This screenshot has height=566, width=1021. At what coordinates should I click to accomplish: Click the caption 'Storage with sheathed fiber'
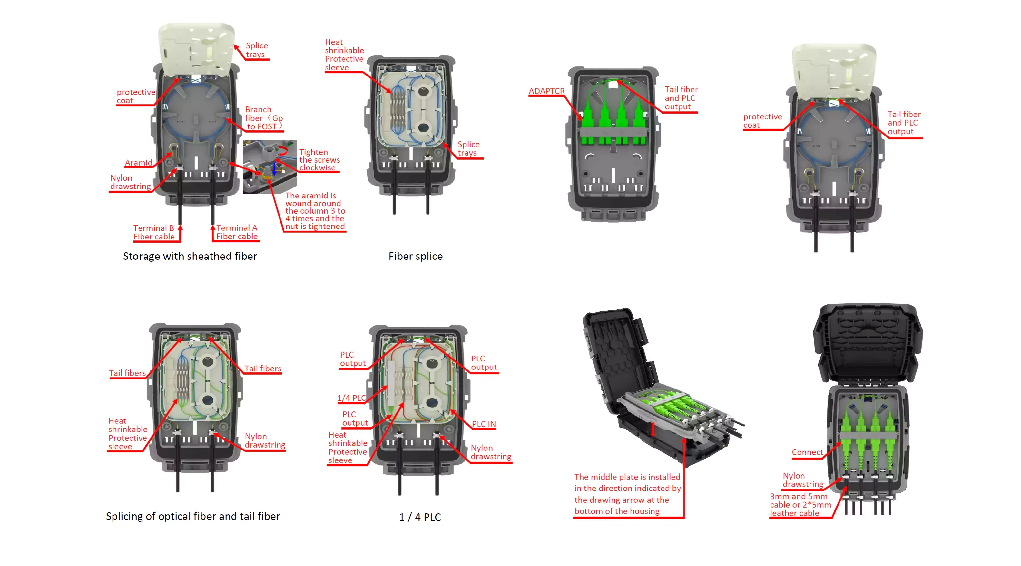point(190,256)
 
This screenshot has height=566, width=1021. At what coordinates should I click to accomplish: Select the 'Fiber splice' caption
point(415,256)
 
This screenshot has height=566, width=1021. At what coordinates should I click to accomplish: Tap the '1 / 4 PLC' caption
point(420,517)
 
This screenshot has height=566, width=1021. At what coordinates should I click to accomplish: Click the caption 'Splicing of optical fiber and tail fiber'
point(193,516)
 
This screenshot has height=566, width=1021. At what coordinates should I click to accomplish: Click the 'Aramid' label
point(138,163)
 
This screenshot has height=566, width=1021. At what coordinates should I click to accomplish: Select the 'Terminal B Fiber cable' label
point(154,232)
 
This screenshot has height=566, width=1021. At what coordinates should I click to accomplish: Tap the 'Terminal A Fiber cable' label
point(237,232)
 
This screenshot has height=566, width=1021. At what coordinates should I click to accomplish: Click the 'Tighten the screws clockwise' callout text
point(319,160)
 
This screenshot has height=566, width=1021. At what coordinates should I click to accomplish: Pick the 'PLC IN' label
point(484,424)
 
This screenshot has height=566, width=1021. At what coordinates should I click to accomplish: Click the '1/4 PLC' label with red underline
point(351,398)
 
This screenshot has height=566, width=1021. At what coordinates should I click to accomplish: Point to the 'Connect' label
point(807,452)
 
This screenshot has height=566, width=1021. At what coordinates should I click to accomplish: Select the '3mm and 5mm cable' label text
point(800,504)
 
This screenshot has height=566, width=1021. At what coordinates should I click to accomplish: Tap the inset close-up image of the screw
point(270,167)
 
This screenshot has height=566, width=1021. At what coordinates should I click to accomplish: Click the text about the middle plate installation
point(627,494)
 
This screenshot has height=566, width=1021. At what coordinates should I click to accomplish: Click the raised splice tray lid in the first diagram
point(196,50)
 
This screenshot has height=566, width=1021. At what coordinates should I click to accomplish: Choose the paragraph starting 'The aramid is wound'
point(315,211)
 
